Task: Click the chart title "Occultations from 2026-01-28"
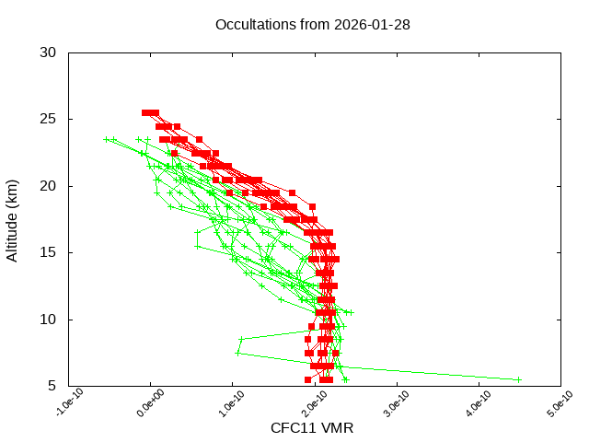click(x=312, y=25)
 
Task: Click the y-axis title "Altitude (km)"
click(x=13, y=220)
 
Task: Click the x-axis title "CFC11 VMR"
click(x=312, y=428)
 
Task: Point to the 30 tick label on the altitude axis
click(x=49, y=52)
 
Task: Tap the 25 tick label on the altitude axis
click(x=49, y=120)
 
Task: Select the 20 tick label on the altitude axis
click(x=49, y=186)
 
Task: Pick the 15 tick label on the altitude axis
click(x=49, y=252)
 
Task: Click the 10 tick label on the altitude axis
click(x=49, y=320)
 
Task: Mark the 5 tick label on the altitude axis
click(x=53, y=386)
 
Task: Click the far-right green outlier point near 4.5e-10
click(x=518, y=379)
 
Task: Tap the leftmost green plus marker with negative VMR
click(x=107, y=140)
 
